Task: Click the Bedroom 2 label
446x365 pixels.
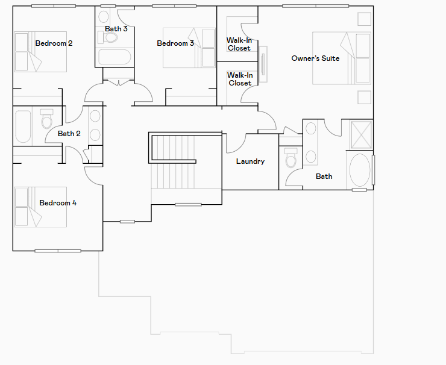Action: [x=54, y=43]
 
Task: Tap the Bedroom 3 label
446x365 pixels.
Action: [x=175, y=43]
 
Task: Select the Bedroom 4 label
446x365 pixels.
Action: [x=58, y=203]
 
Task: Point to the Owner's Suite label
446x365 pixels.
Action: [x=315, y=58]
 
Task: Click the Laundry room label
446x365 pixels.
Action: [x=250, y=161]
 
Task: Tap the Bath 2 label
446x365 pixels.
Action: [x=69, y=134]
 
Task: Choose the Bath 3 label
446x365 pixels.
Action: [x=116, y=29]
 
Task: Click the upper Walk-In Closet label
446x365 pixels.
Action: [x=239, y=44]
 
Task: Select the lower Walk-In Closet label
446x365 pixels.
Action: [x=239, y=79]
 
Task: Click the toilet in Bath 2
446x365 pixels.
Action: [x=47, y=121]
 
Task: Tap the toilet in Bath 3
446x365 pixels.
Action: [x=111, y=37]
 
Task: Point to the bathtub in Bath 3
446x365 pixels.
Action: [x=114, y=58]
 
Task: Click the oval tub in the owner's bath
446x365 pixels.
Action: [x=359, y=171]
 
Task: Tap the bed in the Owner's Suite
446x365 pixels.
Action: [x=341, y=58]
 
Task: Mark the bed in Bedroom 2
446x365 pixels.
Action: [x=40, y=52]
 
